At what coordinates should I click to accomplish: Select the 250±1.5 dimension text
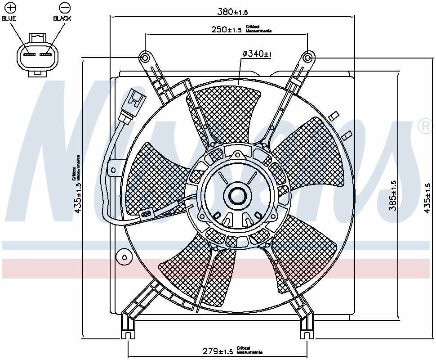226,30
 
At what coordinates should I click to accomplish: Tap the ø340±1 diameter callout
257,54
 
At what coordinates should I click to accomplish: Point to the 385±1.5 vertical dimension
392,196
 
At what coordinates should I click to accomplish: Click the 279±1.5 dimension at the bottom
217,351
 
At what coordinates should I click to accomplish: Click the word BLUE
9,18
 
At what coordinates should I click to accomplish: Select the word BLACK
62,18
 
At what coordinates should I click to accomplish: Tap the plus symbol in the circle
9,8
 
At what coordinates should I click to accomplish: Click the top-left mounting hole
145,58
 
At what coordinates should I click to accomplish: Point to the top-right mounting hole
307,58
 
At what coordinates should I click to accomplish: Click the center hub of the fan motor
237,196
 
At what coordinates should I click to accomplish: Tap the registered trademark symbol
424,127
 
